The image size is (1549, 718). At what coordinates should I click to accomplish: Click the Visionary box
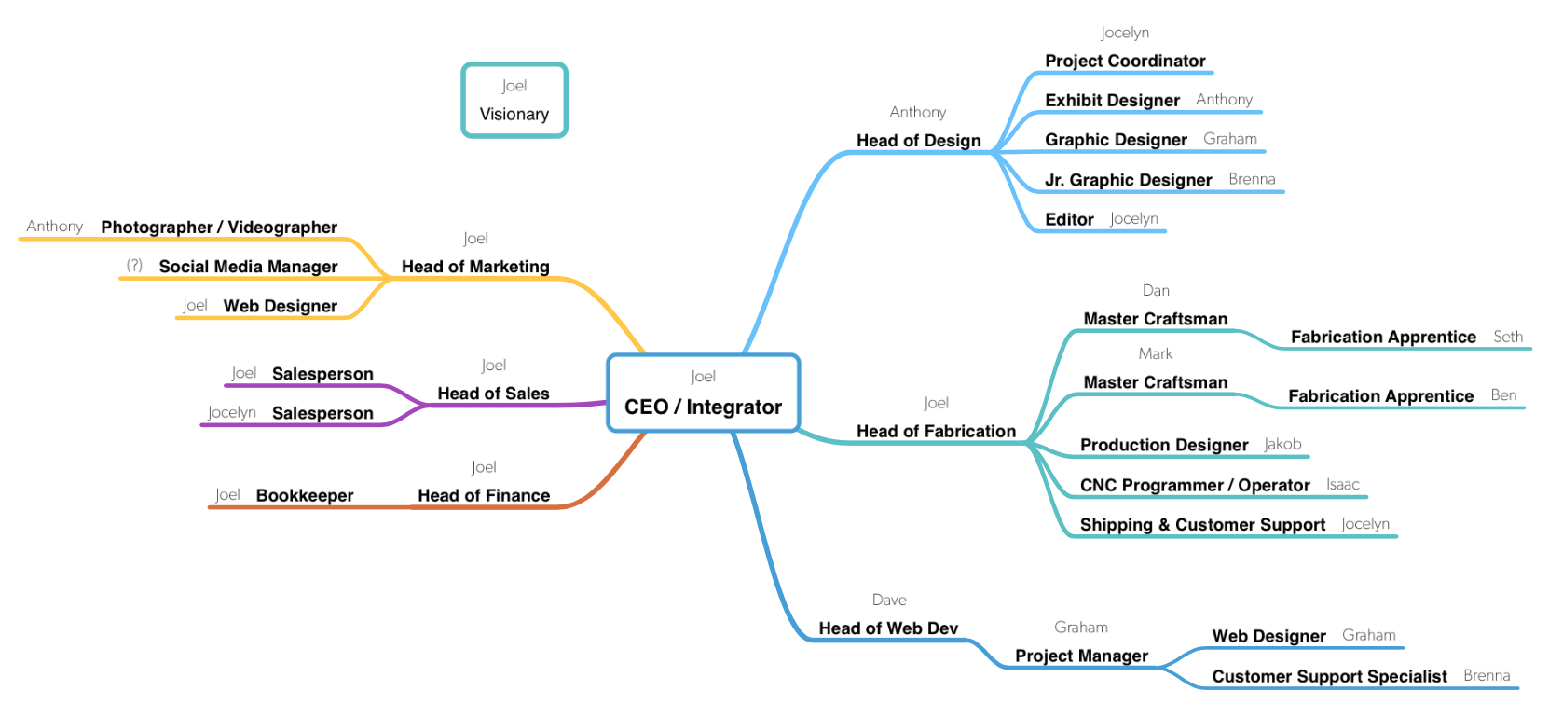click(514, 101)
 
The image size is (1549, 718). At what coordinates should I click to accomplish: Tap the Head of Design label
click(918, 141)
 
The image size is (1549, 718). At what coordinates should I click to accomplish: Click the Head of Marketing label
click(475, 267)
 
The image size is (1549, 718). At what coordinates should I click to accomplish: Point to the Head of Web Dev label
click(888, 628)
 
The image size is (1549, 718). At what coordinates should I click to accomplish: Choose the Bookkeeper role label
click(305, 496)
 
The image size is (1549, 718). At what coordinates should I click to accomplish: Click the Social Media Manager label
click(248, 267)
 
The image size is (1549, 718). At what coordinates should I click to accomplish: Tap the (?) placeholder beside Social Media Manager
click(135, 266)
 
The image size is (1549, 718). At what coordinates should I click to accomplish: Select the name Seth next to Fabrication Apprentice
click(1508, 337)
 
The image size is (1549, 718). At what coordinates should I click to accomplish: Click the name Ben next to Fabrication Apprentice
click(1503, 395)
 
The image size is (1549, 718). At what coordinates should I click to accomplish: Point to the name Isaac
click(1343, 485)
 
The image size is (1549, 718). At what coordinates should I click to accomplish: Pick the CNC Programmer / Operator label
click(1195, 486)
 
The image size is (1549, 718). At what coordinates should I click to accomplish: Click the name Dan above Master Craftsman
click(1156, 291)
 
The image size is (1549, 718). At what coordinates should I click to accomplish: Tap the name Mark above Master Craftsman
click(1156, 354)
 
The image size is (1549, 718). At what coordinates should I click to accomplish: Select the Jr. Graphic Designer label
click(1128, 180)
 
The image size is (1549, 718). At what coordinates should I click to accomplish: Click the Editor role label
click(1069, 220)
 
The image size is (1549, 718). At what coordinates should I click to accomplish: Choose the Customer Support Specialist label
click(1329, 677)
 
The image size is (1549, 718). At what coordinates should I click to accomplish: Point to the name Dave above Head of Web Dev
click(889, 601)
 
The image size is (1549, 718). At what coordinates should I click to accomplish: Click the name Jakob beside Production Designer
click(1282, 445)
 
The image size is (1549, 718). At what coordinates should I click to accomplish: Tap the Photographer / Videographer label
click(219, 228)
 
